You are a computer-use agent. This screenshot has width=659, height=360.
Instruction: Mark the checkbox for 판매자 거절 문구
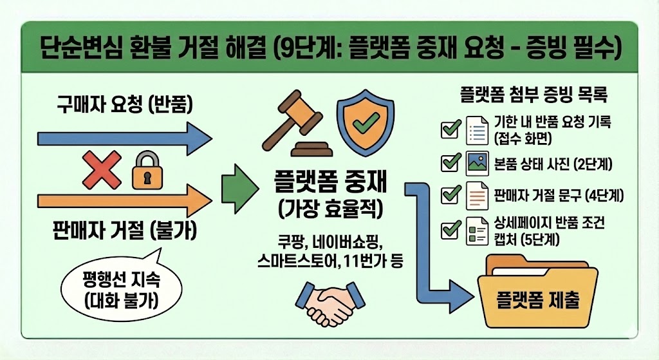click(449, 194)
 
